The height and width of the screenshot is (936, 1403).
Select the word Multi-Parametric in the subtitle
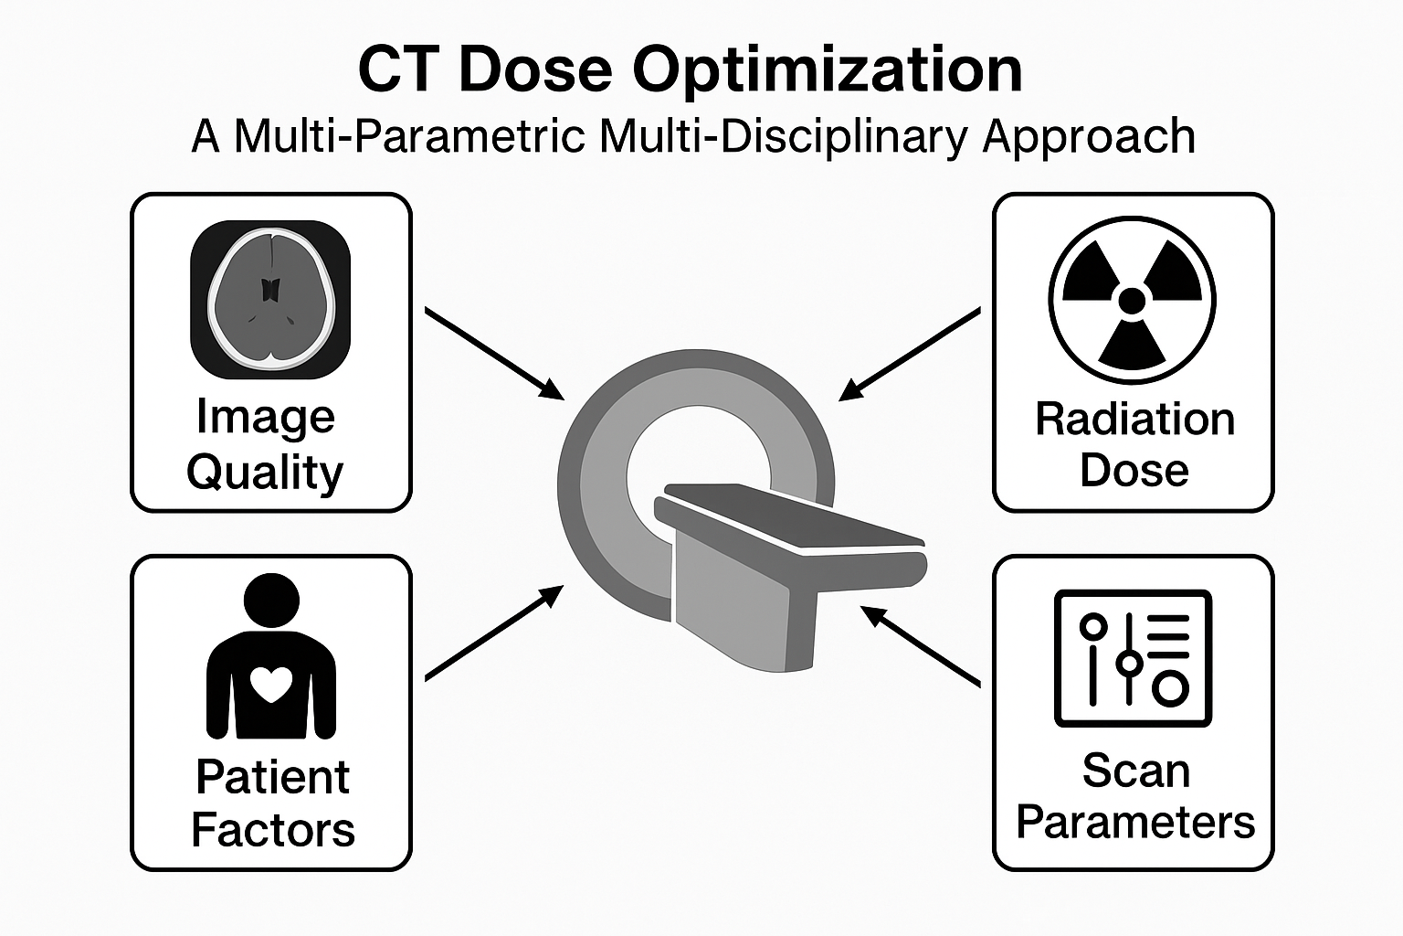pos(409,137)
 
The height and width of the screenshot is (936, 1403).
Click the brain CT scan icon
pos(270,300)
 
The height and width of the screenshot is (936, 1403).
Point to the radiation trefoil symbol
pos(1132,300)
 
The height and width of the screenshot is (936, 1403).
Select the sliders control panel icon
pos(1133,658)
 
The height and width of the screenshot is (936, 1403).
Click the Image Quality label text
pos(266,444)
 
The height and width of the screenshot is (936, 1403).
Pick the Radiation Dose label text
pos(1134,444)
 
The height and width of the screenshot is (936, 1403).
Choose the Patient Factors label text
pos(272,803)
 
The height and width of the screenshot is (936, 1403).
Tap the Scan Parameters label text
pos(1135,796)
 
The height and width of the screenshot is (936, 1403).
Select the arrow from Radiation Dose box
pos(910,354)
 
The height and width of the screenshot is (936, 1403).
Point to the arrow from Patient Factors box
pos(494,633)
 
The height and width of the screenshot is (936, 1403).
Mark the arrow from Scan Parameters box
pos(921,645)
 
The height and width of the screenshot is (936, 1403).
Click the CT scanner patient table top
pos(790,519)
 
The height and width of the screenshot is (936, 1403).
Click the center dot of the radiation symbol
pos(1132,300)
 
